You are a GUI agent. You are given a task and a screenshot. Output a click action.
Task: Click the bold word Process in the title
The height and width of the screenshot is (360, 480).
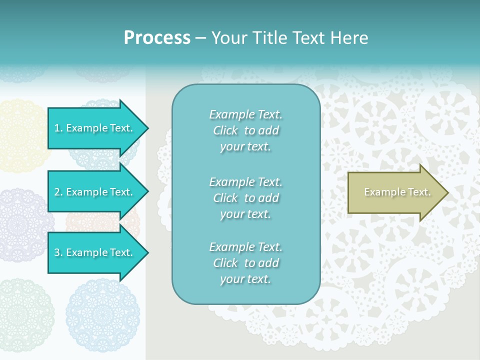[157, 38]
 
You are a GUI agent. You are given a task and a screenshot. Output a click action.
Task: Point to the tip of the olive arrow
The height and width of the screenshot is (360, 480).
[446, 192]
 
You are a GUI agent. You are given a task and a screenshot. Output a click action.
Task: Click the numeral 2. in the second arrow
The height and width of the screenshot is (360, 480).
[58, 192]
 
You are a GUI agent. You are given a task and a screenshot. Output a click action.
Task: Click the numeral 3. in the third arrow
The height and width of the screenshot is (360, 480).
[58, 252]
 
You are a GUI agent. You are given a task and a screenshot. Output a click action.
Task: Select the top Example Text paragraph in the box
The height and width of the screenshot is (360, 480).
[245, 130]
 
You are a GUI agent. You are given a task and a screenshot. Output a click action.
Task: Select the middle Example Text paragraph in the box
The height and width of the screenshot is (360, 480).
[245, 198]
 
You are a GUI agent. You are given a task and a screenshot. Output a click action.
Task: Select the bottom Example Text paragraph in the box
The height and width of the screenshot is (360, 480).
[245, 263]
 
